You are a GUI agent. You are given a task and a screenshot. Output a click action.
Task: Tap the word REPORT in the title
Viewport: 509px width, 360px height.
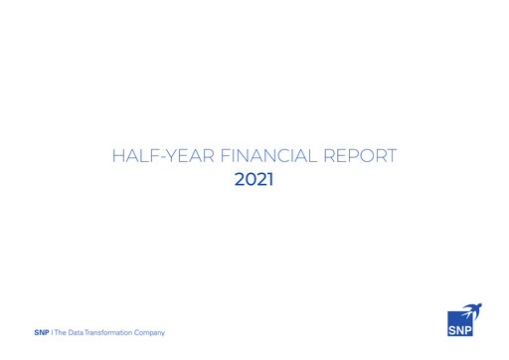[x=362, y=156]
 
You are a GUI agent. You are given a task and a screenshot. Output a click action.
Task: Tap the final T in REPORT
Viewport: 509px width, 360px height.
[x=392, y=156]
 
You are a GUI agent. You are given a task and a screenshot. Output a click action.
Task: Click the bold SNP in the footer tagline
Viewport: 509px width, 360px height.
[x=41, y=332]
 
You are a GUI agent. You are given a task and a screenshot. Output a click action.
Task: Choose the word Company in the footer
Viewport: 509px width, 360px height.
[x=150, y=332]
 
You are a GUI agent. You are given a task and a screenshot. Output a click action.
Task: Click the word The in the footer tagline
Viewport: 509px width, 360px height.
[x=61, y=332]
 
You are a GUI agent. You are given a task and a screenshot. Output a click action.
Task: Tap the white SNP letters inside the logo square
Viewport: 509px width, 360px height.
[x=460, y=330]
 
